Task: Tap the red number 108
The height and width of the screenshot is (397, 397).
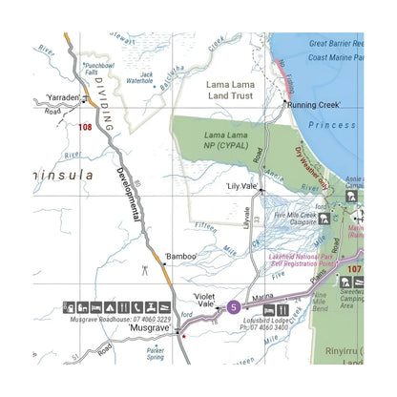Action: pos(86,125)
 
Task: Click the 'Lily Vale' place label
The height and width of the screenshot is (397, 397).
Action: pos(244,187)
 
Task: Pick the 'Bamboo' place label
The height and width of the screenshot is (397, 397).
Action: pos(179,256)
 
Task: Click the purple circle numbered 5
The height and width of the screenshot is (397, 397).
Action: pos(234,306)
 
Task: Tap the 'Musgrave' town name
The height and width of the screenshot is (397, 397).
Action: pos(149,327)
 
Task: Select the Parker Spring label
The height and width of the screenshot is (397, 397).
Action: pos(155,353)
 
